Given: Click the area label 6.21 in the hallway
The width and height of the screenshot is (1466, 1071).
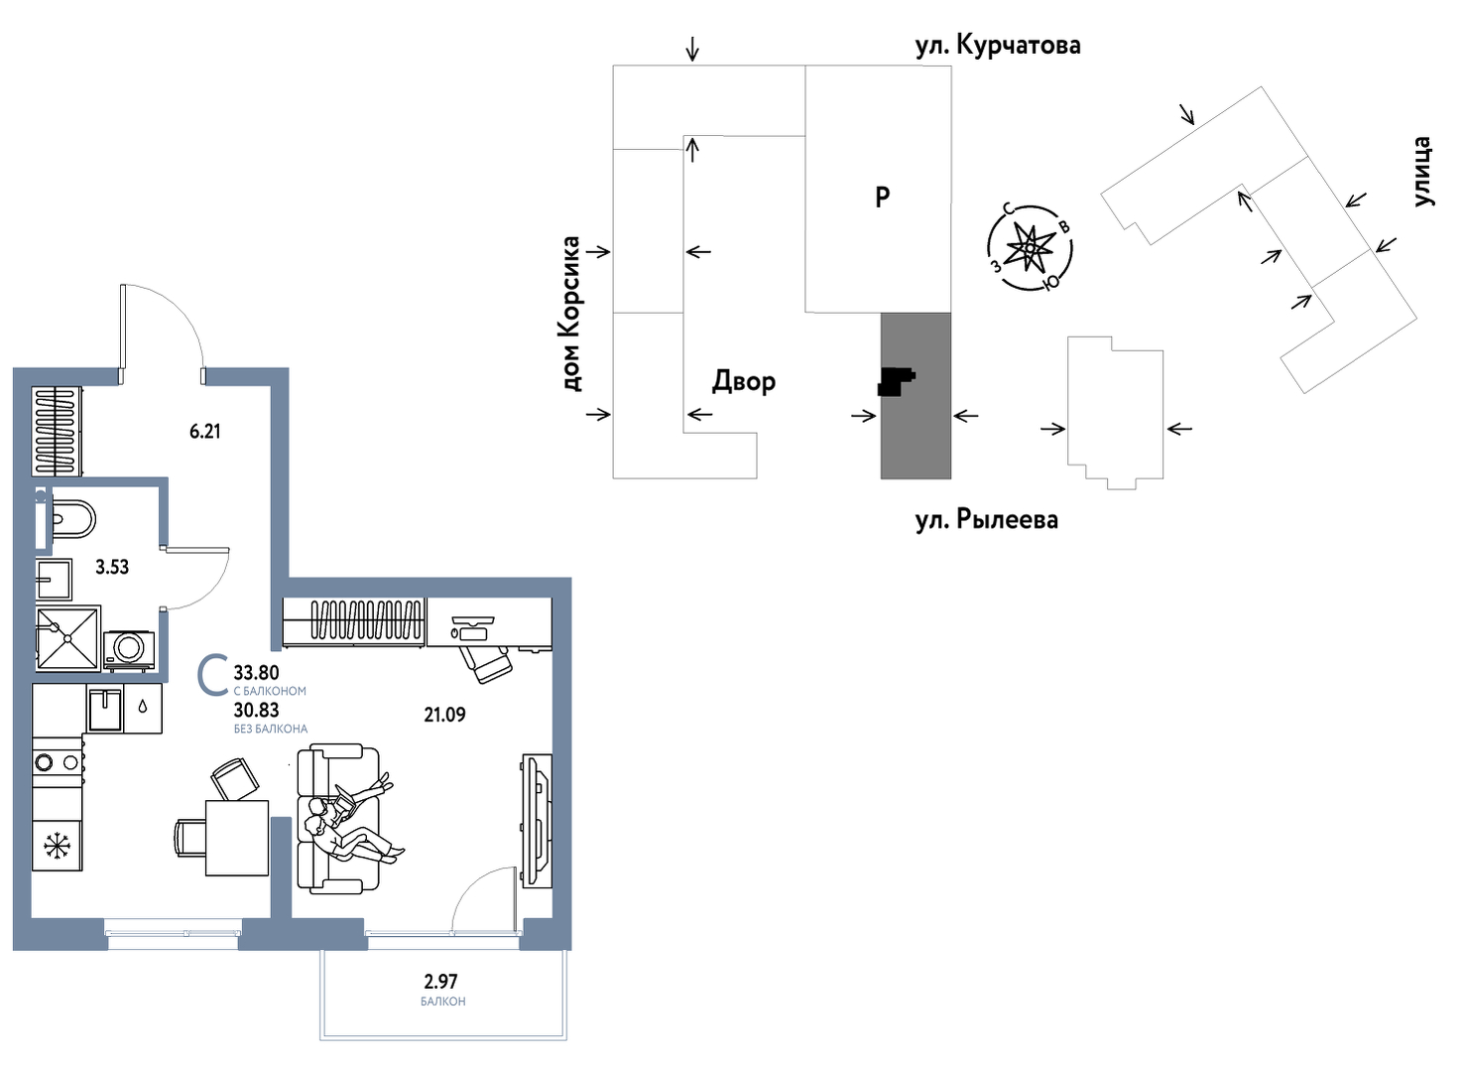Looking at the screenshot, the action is click(205, 432).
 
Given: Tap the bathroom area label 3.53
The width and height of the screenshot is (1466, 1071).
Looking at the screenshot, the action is click(112, 568).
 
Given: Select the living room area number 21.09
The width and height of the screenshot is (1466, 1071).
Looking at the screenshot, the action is click(445, 715).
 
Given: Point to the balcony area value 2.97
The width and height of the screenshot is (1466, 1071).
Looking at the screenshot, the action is click(440, 982).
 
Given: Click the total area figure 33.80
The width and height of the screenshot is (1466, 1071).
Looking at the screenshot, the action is click(257, 673).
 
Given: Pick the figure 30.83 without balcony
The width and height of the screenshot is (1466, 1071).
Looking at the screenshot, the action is click(257, 710).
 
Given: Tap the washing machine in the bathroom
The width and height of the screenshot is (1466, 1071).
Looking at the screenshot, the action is click(130, 650).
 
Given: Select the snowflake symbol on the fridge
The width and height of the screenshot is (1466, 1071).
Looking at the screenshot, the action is click(57, 847).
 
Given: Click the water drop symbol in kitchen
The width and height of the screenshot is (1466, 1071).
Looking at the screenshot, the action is click(143, 707).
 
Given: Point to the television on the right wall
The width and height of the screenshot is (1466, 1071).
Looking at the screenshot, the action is click(537, 822).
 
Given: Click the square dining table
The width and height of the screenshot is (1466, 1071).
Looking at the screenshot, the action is click(237, 838).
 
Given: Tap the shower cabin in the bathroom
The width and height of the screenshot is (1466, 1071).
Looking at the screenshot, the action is click(68, 638).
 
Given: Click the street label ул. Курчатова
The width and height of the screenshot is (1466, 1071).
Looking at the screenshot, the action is click(998, 46).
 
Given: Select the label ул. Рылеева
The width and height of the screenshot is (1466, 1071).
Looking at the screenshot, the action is click(987, 519).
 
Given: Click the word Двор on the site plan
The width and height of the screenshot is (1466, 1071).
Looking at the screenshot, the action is click(744, 381).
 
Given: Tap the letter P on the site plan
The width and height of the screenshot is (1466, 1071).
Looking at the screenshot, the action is click(882, 197).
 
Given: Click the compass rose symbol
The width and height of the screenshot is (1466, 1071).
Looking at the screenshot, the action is click(1031, 247).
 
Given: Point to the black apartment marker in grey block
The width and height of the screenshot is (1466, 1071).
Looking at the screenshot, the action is click(896, 382).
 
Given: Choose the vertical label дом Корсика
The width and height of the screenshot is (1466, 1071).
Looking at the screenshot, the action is click(571, 315).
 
